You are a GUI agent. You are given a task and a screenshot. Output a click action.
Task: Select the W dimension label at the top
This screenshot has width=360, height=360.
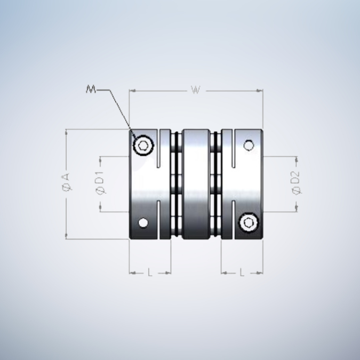coord(196,90)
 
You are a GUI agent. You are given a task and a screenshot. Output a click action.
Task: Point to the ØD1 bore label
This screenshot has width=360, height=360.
coord(100,183)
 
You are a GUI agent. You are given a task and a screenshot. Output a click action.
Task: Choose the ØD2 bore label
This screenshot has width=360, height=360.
coord(296,183)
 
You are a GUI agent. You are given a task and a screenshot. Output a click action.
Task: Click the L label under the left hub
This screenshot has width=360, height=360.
coord(150,273)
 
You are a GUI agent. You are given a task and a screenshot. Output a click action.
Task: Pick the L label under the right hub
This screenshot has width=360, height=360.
coord(242,273)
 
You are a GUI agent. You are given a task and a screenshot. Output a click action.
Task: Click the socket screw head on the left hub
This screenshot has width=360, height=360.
coord(143,145)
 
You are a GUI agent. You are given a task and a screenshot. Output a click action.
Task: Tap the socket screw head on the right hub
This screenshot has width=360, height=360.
coord(249,222)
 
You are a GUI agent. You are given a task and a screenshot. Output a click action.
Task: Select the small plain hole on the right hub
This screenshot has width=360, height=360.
coord(249,145)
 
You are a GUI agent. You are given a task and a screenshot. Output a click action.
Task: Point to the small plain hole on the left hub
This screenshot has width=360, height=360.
coord(143,222)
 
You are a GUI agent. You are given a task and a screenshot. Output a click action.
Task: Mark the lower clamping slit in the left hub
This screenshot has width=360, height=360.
coord(159,220)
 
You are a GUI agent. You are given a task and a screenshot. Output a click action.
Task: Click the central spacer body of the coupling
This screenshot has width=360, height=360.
coord(197,183)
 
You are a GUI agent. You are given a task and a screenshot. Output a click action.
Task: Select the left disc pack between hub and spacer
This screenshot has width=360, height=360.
coord(177,183)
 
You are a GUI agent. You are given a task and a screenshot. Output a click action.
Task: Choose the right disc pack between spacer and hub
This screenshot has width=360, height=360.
coord(217,183)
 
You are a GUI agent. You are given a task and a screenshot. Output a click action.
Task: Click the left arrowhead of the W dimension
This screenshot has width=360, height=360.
coord(132,91)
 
